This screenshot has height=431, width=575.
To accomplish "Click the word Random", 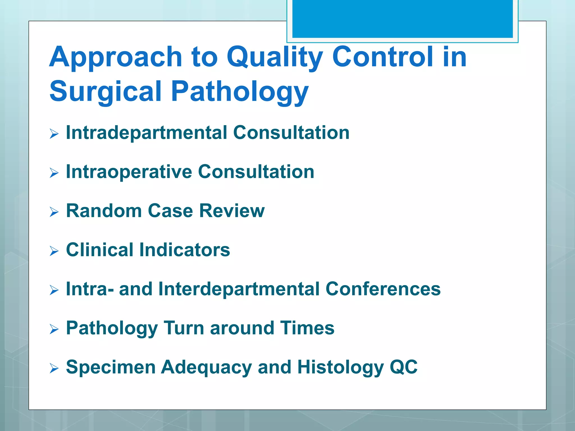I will (104, 211).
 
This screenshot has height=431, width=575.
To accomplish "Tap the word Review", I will (232, 211).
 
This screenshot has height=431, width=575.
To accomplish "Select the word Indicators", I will (184, 250).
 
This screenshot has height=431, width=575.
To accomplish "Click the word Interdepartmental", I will (239, 289).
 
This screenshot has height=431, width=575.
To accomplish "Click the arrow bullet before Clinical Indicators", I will (54, 251).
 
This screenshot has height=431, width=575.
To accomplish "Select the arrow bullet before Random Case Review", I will (54, 212).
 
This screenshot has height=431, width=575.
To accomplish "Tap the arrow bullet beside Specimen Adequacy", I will (54, 368).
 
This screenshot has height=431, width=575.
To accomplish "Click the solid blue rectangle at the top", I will (402, 19).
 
